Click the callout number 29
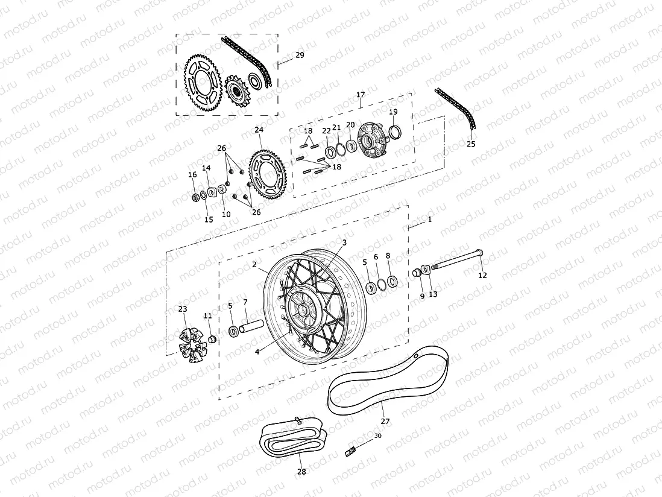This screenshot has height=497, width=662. (x=300, y=55)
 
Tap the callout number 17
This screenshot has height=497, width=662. (x=361, y=95)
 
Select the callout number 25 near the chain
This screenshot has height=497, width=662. (x=471, y=144)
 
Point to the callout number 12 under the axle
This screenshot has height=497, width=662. (x=482, y=276)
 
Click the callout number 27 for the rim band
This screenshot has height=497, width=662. (x=385, y=421)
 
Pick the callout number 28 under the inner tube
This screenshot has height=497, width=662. (x=301, y=472)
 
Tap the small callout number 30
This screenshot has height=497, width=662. (x=378, y=435)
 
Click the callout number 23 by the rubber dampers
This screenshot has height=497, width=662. (x=183, y=309)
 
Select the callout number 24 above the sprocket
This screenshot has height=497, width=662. (x=259, y=130)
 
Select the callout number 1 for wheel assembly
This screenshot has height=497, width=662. (x=429, y=220)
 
